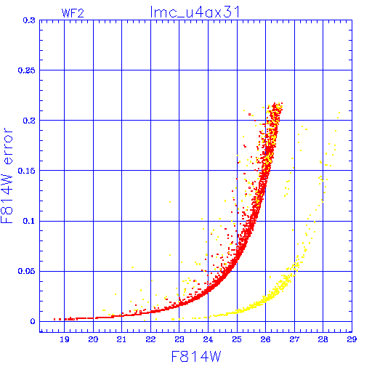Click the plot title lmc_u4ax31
click(x=195, y=12)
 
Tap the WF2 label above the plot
click(x=73, y=13)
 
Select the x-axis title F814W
click(x=196, y=357)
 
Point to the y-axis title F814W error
click(x=7, y=176)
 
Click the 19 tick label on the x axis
click(x=65, y=339)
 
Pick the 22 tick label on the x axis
click(x=150, y=339)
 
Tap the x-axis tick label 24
click(x=208, y=339)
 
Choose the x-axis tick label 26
click(x=265, y=339)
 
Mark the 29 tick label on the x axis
click(x=352, y=339)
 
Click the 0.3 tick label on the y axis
click(x=29, y=20)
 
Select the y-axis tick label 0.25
click(x=26, y=70)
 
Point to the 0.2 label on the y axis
click(x=29, y=121)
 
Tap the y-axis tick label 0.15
click(x=26, y=171)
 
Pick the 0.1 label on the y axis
click(x=29, y=221)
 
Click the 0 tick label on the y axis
click(x=33, y=321)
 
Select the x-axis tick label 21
click(x=121, y=339)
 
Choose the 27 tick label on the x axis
click(x=294, y=339)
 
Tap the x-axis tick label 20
click(x=93, y=339)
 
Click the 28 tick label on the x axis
click(x=323, y=339)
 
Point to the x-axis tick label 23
click(x=179, y=339)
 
